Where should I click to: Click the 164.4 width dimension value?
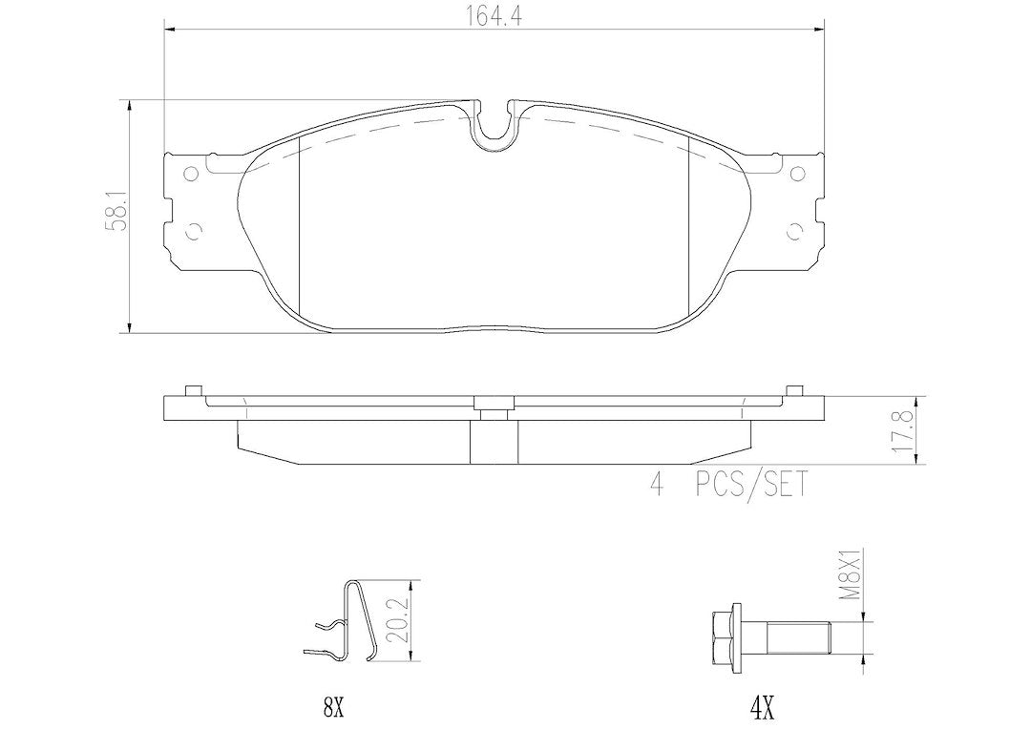tap(494, 17)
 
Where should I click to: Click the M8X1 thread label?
tap(852, 575)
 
